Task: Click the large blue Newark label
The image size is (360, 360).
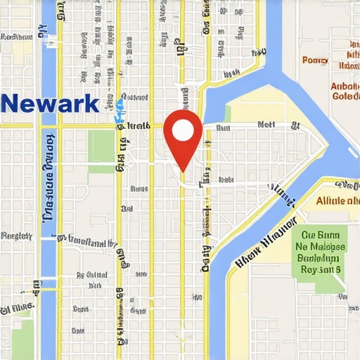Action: coord(50,103)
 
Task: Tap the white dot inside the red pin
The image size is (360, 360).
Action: coord(182,130)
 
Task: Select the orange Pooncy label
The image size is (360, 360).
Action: coord(315,60)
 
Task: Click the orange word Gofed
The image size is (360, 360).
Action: coord(345,96)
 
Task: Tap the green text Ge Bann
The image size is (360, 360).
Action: coord(321,236)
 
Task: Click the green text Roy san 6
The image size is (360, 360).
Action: coord(321,269)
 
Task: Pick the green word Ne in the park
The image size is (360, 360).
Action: coord(303,247)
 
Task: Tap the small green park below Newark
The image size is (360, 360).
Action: coord(101,146)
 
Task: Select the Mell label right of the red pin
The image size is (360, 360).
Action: coord(266,124)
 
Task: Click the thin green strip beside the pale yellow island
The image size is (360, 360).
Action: coord(226,112)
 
